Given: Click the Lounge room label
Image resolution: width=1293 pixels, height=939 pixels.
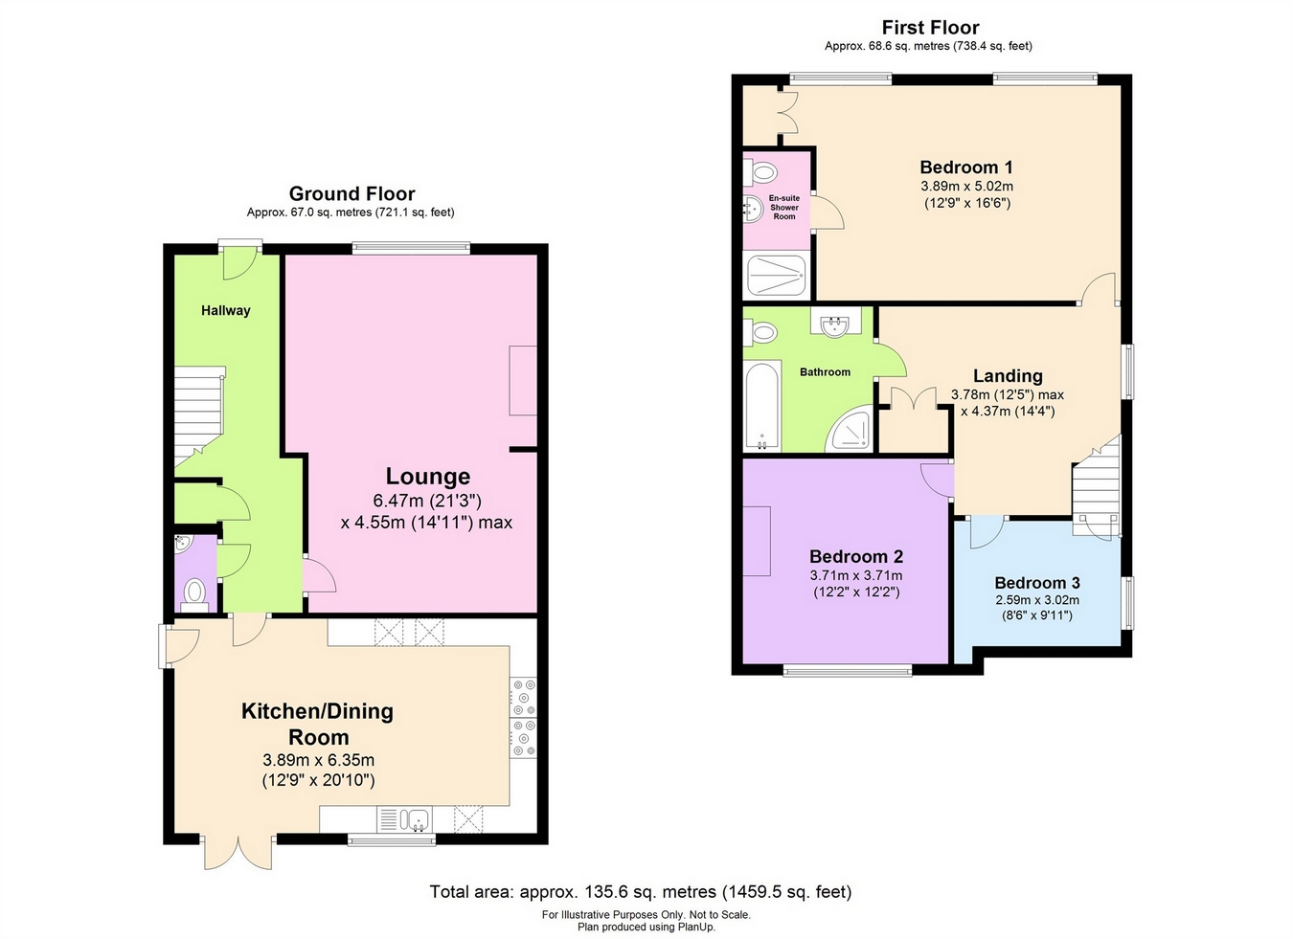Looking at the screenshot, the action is click(428, 477).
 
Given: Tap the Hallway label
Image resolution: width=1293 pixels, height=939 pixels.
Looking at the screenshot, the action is click(226, 310).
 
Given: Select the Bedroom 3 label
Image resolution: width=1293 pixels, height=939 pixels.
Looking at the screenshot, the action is click(1036, 583).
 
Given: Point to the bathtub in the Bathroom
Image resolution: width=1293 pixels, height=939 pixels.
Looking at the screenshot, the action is click(762, 406).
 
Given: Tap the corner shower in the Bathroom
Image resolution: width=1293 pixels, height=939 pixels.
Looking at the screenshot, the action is click(848, 429).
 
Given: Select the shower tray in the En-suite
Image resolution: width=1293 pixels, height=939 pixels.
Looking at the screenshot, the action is click(777, 276).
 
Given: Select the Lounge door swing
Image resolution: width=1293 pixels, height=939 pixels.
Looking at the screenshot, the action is click(320, 574).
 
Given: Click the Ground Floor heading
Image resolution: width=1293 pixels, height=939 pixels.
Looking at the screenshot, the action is click(352, 193).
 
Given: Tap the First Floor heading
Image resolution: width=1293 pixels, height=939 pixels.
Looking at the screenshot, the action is click(931, 27).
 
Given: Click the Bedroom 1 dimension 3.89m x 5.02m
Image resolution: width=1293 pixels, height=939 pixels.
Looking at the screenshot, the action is click(966, 187).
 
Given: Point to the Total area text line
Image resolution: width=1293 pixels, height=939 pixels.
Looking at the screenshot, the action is click(641, 892).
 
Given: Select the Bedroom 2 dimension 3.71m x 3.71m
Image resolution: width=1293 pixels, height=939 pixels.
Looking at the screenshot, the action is click(856, 575).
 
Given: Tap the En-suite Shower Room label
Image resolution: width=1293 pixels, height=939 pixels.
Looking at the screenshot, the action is click(783, 207).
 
